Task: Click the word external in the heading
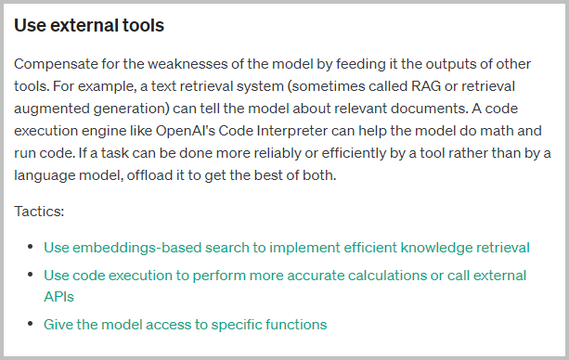[x=86, y=25]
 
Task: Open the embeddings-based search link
[x=287, y=248]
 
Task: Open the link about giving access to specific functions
[x=185, y=324]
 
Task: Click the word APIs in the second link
[x=58, y=296]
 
